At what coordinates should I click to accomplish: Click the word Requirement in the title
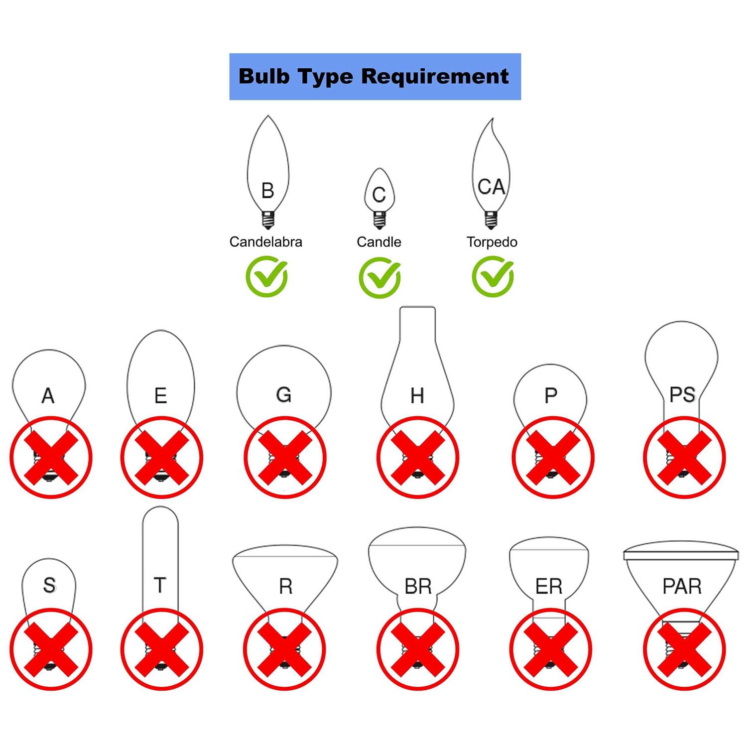[435, 77]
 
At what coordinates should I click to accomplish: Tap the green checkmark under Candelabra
[266, 277]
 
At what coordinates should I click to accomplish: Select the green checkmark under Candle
[379, 277]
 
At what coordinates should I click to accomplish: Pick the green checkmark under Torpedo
[493, 277]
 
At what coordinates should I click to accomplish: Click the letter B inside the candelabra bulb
[267, 191]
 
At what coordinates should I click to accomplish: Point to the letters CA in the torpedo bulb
[491, 187]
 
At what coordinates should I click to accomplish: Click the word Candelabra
[265, 242]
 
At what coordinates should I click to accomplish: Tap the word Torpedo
[492, 243]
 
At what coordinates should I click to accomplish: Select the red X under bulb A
[51, 457]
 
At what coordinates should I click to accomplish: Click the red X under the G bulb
[285, 457]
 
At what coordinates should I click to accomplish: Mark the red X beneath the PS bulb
[684, 457]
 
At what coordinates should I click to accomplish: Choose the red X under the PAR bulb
[684, 649]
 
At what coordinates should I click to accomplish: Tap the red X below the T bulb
[161, 649]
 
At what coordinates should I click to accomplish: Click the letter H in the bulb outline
[417, 396]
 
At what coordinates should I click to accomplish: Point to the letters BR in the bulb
[418, 587]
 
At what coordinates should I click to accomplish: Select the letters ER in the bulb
[549, 587]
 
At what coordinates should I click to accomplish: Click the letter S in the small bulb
[49, 585]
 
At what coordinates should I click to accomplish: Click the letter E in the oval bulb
[160, 396]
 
